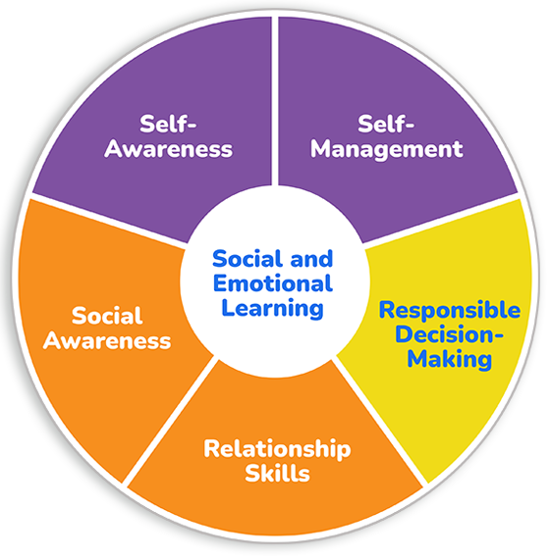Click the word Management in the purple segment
point(386,149)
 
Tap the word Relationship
point(277,449)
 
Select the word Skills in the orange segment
point(277,474)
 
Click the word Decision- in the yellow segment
point(449,334)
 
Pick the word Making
point(450,359)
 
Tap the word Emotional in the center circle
point(273,283)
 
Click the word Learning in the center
point(272,309)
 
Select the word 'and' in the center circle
point(311,259)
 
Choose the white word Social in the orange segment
point(107,316)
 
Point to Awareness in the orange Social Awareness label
point(107,340)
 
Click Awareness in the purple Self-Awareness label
point(168,149)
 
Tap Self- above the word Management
point(386,125)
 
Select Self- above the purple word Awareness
point(168,125)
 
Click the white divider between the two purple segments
point(275,101)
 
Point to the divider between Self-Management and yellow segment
point(441,220)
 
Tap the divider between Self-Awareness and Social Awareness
point(108,219)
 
